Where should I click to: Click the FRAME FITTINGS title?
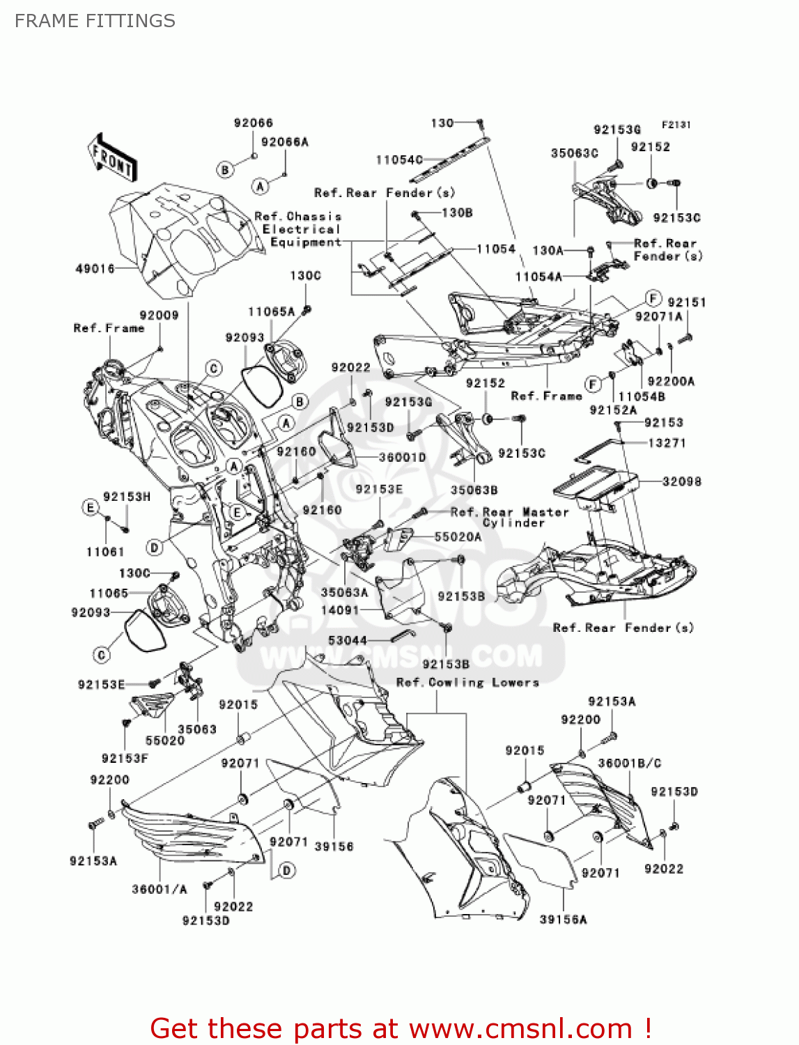pos(95,21)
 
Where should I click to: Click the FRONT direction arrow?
pos(111,158)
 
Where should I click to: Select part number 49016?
pos(95,268)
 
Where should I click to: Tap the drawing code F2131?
pos(675,125)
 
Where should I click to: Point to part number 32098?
pos(681,481)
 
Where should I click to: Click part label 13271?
pos(666,443)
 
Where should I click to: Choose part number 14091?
pos(340,610)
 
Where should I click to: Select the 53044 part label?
pos(347,640)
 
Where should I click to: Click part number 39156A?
pos(563,920)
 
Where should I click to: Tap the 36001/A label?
pos(160,889)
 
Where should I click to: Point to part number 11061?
pos(105,552)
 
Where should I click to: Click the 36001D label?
pos(402,458)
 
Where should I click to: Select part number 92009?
pos(159,316)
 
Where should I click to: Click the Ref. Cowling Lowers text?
pos(467,683)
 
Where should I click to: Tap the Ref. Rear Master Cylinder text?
pos(509,517)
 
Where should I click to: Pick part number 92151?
pos(686,302)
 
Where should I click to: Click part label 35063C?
pos(574,153)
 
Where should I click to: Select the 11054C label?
pos(399,160)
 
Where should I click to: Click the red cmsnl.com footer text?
pos(401,1028)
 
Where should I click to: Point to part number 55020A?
pos(458,537)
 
